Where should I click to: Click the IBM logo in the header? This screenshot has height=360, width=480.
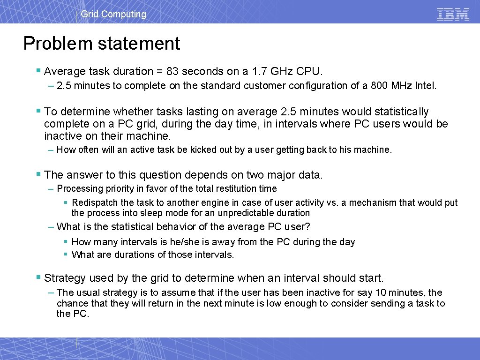click(453, 14)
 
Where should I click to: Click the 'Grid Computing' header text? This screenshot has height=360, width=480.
click(113, 14)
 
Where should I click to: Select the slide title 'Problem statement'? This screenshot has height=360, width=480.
click(102, 44)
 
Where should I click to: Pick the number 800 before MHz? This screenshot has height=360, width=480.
click(379, 86)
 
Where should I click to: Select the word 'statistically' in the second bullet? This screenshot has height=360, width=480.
click(400, 112)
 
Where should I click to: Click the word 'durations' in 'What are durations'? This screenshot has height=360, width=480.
click(126, 255)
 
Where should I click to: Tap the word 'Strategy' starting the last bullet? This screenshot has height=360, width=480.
click(65, 278)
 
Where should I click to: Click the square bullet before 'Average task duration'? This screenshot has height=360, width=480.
click(38, 71)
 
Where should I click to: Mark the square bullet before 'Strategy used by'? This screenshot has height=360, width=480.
click(38, 277)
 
